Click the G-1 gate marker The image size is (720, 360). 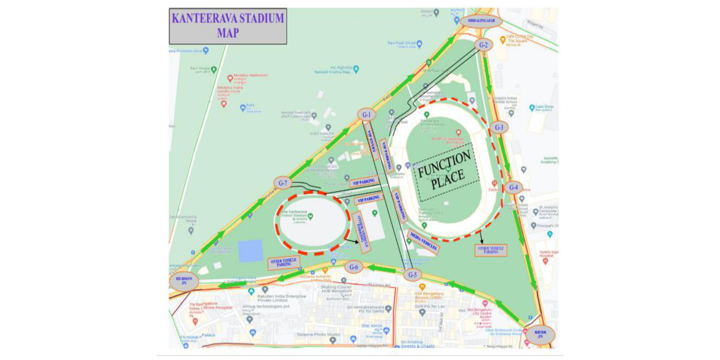click(x=367, y=114)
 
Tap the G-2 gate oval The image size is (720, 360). click(x=484, y=44)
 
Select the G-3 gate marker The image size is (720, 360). click(x=499, y=127)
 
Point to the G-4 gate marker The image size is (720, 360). click(x=513, y=187)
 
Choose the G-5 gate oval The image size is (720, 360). click(x=412, y=275)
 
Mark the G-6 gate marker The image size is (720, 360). click(x=353, y=267)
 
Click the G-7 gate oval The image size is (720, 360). click(x=283, y=182)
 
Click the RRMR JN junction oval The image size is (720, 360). click(x=540, y=334)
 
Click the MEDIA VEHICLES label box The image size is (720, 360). click(x=423, y=241)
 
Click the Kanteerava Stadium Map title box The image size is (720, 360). click(x=228, y=26)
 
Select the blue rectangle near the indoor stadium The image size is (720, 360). click(x=250, y=251)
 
